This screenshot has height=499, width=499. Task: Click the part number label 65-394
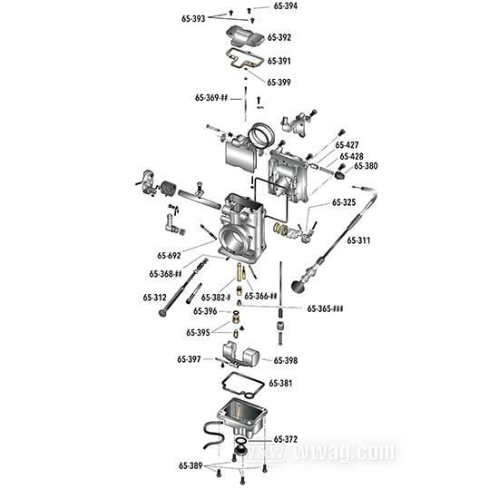[286, 6]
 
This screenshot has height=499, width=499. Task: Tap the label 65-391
[279, 61]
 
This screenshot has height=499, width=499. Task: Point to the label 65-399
[279, 82]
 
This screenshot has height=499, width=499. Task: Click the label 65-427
[347, 145]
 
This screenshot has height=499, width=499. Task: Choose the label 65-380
[366, 166]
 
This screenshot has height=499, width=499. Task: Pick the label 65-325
[344, 202]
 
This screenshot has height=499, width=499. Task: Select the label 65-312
[154, 297]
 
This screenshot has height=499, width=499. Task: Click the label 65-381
[279, 384]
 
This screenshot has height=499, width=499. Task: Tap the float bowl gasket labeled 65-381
[240, 385]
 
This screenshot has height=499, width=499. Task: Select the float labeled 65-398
[241, 355]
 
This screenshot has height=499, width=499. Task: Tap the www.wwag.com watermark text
[345, 451]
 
